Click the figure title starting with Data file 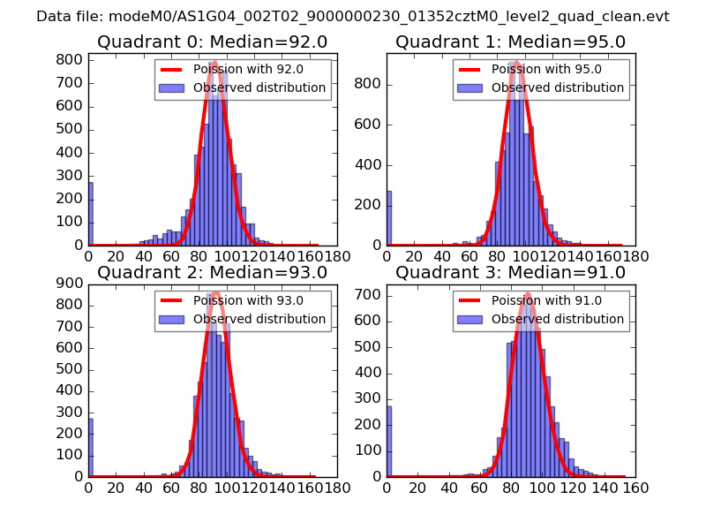[x=353, y=17]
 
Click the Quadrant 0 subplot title [x=212, y=42]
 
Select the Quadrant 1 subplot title [x=510, y=42]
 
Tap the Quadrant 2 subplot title [x=212, y=273]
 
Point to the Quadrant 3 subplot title [x=510, y=273]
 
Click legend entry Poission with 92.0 [x=232, y=70]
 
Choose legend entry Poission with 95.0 [x=530, y=70]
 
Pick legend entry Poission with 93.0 [x=232, y=300]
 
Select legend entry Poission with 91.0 [x=530, y=300]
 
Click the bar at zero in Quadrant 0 [x=90, y=214]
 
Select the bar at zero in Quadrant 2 [x=90, y=447]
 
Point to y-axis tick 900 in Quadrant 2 [x=73, y=284]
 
